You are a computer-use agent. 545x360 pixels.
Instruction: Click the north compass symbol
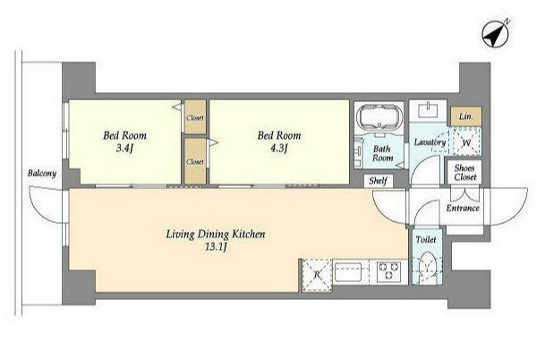[495, 34]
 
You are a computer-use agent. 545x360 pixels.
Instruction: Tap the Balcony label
[42, 173]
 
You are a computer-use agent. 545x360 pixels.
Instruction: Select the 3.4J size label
[124, 149]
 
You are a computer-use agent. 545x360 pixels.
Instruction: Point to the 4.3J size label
[278, 149]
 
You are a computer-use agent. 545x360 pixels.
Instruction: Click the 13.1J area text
[216, 247]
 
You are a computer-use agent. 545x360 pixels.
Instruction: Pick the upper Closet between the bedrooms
[195, 117]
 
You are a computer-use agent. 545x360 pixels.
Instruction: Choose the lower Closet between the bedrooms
[195, 161]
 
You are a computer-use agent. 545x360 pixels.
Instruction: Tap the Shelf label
[379, 181]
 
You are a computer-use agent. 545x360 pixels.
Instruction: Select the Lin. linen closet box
[466, 116]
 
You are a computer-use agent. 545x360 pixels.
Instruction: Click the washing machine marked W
[466, 141]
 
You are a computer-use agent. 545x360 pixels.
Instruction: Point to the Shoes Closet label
[464, 173]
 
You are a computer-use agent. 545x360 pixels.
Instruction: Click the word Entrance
[463, 208]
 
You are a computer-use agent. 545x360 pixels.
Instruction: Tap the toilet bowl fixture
[427, 269]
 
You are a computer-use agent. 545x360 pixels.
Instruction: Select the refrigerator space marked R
[317, 275]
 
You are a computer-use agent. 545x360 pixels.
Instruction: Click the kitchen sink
[348, 272]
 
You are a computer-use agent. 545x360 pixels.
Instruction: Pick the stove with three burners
[389, 271]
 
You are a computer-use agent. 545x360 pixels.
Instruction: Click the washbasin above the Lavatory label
[428, 111]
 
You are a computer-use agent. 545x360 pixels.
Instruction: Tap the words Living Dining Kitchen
[216, 234]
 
